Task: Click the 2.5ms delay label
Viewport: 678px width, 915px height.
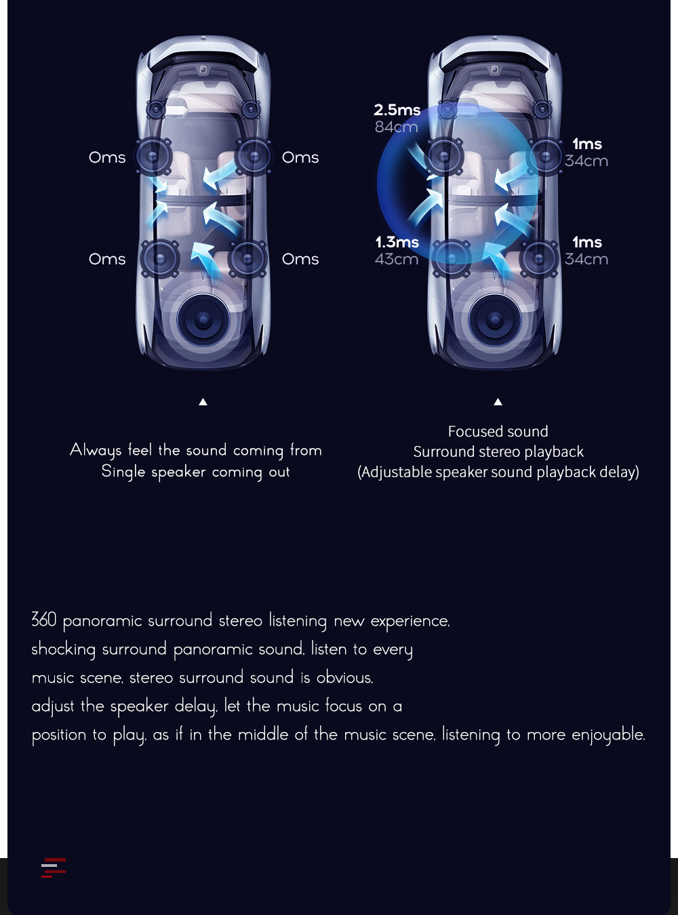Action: coord(397,110)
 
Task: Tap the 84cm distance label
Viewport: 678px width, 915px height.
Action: coord(396,127)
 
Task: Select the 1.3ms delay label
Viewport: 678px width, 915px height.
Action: coord(397,242)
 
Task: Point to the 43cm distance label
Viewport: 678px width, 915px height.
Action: coord(396,259)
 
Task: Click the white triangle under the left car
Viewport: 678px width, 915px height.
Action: coord(203,402)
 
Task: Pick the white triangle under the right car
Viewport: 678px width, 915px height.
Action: coord(498,402)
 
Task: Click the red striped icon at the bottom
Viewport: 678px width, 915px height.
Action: coord(54,868)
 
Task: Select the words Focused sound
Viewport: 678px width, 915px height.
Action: coord(498,432)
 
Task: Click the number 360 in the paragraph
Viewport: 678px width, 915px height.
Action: coord(44,620)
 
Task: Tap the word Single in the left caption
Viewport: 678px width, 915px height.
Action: coord(123,472)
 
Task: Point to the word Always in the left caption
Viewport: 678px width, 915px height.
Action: coord(96,451)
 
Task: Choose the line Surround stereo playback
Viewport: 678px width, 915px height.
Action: coord(498,452)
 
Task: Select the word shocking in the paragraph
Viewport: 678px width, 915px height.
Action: coord(63,649)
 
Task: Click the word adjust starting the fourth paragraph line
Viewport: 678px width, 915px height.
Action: coord(53,706)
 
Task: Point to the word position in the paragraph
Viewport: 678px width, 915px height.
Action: coord(59,735)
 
